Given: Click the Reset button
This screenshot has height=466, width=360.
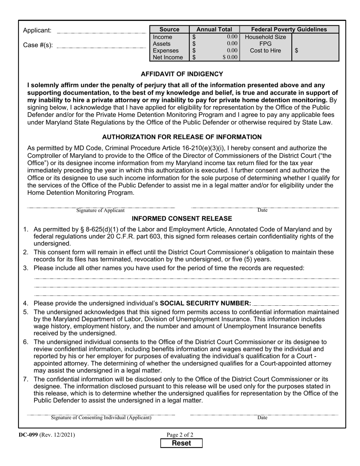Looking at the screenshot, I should click(182, 443).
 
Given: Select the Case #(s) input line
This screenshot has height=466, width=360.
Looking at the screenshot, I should click(101, 47).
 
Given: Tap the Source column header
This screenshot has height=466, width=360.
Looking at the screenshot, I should click(169, 30).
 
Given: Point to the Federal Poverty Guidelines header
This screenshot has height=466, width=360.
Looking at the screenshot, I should click(289, 30).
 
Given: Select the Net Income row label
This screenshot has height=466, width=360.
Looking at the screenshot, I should click(168, 58).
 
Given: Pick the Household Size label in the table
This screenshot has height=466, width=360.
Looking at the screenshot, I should click(265, 37).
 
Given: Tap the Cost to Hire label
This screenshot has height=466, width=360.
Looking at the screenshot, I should click(265, 50).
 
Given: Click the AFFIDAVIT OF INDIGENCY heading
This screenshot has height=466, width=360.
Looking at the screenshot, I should click(182, 74).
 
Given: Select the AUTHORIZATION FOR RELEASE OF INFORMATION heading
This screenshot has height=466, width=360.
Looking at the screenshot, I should click(182, 137).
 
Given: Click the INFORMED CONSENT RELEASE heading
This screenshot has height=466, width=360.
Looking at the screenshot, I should click(182, 219).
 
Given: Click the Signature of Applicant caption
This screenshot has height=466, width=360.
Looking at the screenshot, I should click(100, 211).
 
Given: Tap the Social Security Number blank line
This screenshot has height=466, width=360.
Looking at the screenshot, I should click(296, 304).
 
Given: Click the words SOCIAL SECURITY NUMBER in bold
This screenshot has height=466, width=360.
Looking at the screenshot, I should click(205, 303).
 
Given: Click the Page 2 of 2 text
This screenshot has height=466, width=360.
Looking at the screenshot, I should click(180, 435).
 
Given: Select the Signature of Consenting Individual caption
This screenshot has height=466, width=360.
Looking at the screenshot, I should click(101, 418).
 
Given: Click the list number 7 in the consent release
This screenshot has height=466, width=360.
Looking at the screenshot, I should click(26, 379).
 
